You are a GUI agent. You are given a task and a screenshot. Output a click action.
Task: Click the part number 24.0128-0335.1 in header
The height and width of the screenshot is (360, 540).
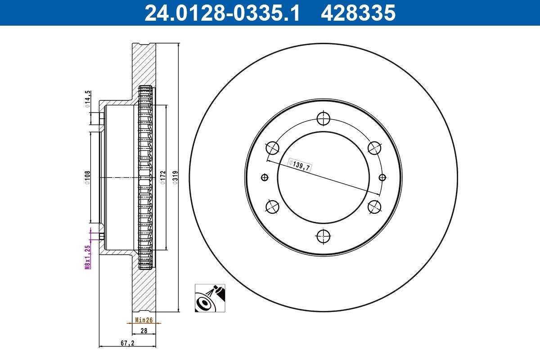click(x=222, y=13)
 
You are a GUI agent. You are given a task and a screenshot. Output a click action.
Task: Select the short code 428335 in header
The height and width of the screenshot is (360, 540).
click(x=358, y=13)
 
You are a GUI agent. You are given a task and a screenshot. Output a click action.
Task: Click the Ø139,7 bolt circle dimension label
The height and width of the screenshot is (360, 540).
click(x=300, y=165)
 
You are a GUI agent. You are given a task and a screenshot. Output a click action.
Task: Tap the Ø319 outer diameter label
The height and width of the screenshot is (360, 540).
click(x=175, y=177)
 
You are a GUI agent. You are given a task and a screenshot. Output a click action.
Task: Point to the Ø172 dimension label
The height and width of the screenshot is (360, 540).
click(x=163, y=177)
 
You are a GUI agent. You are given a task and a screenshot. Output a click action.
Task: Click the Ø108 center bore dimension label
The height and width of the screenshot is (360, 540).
click(x=88, y=177)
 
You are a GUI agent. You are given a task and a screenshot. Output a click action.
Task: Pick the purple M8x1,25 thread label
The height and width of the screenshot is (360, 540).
click(x=88, y=256)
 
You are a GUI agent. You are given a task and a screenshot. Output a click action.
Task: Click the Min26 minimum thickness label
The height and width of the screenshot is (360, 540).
click(x=144, y=320)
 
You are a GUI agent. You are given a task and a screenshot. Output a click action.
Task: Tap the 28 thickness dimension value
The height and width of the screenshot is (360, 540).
click(x=144, y=331)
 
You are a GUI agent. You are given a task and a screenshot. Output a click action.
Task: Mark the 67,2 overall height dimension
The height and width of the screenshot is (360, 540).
click(x=127, y=343)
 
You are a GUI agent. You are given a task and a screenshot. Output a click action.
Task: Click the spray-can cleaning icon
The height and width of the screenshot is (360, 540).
click(x=210, y=298)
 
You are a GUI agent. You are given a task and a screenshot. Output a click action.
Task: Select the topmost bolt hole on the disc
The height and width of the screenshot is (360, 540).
click(x=323, y=119)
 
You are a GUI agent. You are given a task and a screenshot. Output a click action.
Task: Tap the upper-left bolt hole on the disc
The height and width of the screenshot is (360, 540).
click(x=273, y=148)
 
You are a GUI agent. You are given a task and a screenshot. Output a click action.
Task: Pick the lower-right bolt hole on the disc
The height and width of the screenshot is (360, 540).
click(x=374, y=207)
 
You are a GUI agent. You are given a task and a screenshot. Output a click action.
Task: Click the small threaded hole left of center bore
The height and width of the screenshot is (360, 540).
click(x=264, y=177)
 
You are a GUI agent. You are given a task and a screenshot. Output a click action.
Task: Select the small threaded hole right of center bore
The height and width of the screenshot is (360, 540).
click(x=382, y=177)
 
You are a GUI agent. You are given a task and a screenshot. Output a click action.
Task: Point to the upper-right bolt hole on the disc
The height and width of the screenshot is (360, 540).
click(x=374, y=148)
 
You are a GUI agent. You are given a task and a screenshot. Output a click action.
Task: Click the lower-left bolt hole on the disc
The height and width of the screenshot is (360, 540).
click(x=273, y=207)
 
